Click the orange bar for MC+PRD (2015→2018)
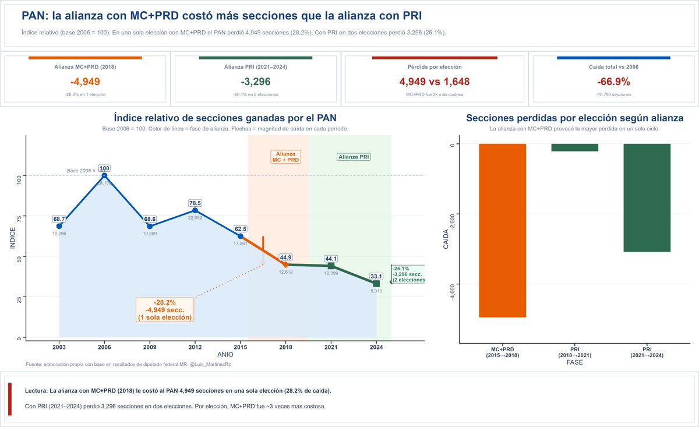[x=503, y=230]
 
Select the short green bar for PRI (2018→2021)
[x=574, y=147]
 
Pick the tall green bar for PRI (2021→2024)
[x=647, y=197]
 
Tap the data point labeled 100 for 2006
[x=104, y=175]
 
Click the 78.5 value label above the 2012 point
[x=195, y=203]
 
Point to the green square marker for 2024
[x=376, y=284]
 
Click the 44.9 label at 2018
[x=285, y=257]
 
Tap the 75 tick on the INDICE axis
[x=19, y=218]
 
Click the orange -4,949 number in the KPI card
[x=85, y=82]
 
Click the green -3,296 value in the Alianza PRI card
[x=255, y=82]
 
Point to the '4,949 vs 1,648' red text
[x=435, y=82]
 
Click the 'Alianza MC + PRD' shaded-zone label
[x=285, y=157]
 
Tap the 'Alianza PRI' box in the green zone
[x=354, y=157]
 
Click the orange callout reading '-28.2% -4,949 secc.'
[x=165, y=310]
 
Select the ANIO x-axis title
[x=225, y=354]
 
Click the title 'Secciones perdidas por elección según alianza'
[x=574, y=118]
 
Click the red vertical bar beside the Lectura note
[x=9, y=399]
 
